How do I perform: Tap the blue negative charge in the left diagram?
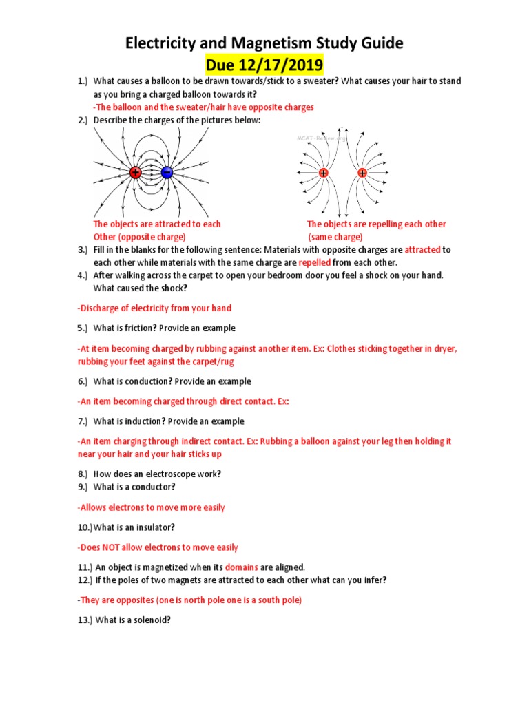[167, 173]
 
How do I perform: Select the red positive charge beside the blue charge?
[135, 173]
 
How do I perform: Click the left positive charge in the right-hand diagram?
[324, 173]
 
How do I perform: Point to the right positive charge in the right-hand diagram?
[362, 173]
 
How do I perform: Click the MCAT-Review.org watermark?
[322, 138]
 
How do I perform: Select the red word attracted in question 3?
[422, 250]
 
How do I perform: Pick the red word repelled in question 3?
[315, 263]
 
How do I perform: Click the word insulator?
[156, 527]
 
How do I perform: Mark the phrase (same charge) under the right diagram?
[335, 237]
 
